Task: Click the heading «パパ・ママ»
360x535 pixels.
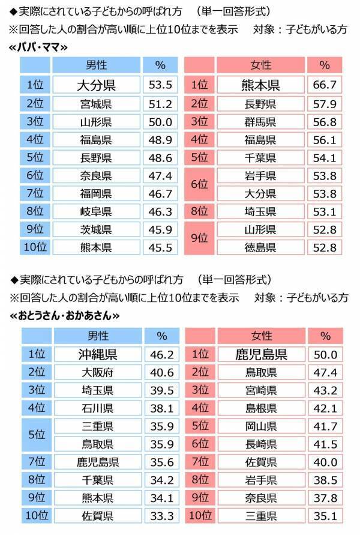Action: point(40,46)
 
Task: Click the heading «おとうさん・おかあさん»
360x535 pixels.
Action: point(65,314)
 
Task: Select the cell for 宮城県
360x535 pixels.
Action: point(97,104)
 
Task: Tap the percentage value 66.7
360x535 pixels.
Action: point(325,85)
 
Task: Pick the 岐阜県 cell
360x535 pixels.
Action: point(97,212)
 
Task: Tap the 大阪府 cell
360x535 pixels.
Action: point(97,372)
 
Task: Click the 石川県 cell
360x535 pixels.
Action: point(97,408)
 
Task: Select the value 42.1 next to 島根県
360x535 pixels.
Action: point(325,408)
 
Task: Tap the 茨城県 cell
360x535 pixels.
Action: point(97,229)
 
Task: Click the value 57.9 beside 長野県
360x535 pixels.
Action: point(325,104)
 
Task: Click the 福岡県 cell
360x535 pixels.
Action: point(97,193)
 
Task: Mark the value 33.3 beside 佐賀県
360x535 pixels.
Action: point(161,515)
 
